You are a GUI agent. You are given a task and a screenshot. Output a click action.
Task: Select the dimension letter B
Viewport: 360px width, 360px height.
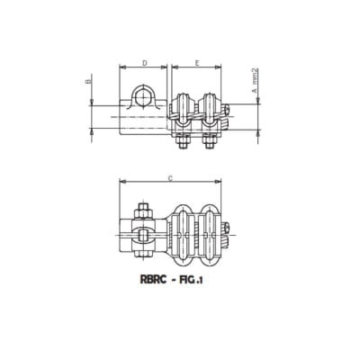click(88, 82)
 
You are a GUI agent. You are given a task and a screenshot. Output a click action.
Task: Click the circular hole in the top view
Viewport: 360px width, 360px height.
click(143, 97)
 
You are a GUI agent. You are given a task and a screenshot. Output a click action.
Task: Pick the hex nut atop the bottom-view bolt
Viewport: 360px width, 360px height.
click(142, 212)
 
